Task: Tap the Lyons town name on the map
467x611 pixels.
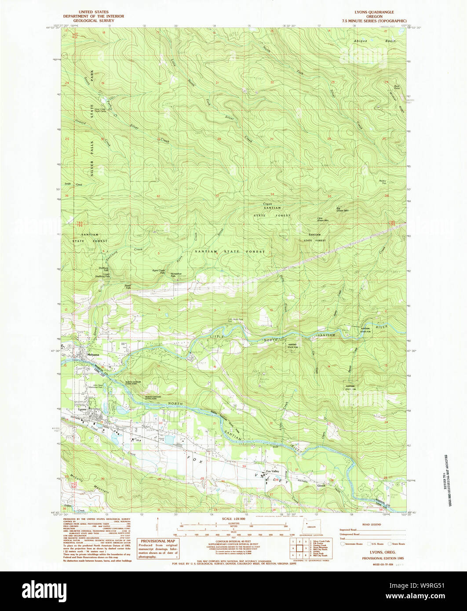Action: [x=82, y=409]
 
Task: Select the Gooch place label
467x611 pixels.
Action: [x=321, y=486]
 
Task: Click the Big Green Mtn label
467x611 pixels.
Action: [x=342, y=210]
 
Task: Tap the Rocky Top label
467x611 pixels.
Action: [x=383, y=182]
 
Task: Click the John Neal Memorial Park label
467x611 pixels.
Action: [x=100, y=387]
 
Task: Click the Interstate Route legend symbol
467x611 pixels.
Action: [x=343, y=544]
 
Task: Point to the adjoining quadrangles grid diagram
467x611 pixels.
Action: [x=299, y=548]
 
